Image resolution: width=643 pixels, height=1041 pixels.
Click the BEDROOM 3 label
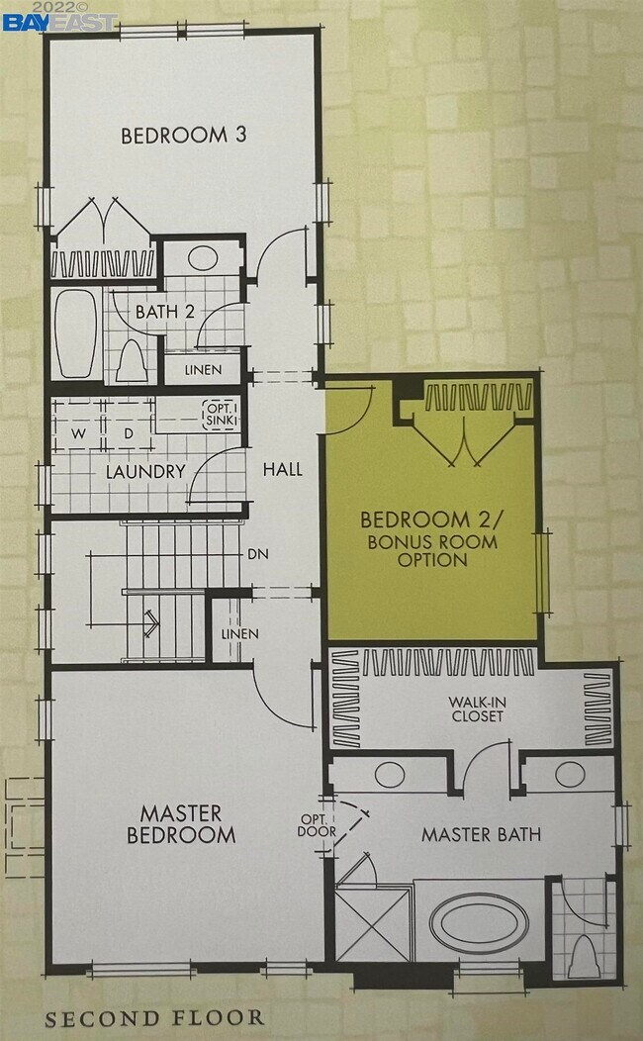pos(183,136)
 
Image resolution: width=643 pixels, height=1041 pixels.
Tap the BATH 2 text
pos(164,311)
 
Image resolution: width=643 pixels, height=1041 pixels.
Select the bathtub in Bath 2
pos(76,332)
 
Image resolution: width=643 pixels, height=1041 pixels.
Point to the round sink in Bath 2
pos(202,258)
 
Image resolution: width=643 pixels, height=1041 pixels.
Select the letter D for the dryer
pos(128,432)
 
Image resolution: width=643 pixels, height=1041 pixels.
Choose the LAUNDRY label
pos(145,471)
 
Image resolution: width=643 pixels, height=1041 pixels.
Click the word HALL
pos(282,470)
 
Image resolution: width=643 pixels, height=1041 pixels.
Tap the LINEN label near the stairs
pos(239,633)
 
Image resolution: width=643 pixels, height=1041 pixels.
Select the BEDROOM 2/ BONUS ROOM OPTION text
pos(430,539)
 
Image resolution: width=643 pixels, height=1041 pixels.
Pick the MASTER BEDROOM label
pos(180,823)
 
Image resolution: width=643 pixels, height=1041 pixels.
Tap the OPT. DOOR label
pos(317,825)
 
